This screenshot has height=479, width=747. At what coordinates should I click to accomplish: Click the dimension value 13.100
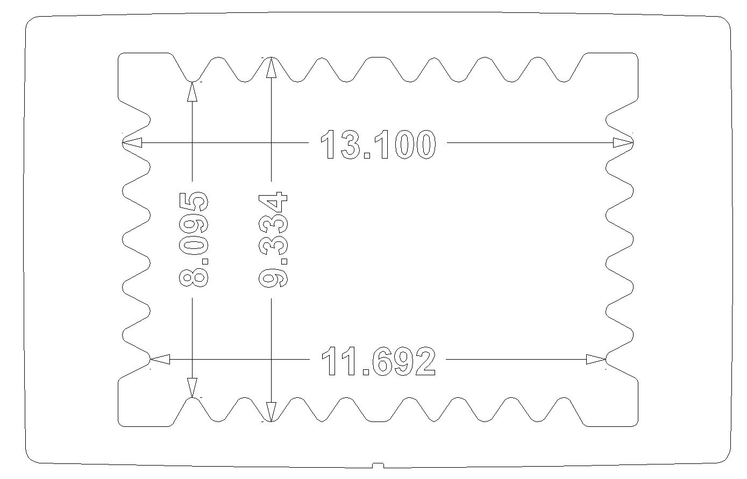point(378,144)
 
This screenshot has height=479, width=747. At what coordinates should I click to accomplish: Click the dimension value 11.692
point(378,361)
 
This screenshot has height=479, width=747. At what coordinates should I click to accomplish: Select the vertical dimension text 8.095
point(194,239)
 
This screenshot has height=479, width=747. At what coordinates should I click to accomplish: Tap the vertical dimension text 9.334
point(273,239)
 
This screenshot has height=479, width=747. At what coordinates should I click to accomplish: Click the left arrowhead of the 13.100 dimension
point(132,142)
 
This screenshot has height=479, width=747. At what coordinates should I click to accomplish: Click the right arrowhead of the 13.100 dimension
point(623,142)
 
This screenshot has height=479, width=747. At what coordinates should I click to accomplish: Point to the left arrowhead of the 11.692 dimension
point(160,359)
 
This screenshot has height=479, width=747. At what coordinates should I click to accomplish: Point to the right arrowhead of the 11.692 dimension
point(596,359)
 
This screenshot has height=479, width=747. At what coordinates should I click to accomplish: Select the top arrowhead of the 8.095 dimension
point(192,91)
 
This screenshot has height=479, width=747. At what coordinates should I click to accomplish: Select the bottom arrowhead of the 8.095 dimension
point(192,388)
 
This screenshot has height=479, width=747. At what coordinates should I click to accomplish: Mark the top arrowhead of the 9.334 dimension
point(272,67)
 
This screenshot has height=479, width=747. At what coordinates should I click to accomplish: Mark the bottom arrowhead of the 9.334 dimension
point(272,412)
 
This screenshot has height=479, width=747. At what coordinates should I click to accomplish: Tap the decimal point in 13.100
point(366,155)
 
